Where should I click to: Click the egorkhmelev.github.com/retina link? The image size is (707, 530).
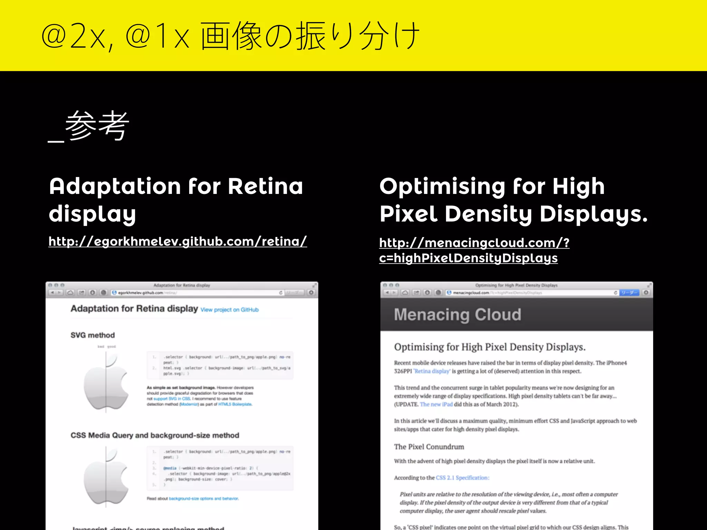click(x=177, y=242)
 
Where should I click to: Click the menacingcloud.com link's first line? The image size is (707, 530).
click(x=474, y=243)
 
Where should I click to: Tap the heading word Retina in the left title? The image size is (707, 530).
click(x=265, y=186)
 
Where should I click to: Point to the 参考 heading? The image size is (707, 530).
click(x=97, y=126)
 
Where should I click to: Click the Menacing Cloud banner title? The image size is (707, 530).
click(x=457, y=315)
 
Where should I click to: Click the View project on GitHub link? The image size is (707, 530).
click(x=229, y=310)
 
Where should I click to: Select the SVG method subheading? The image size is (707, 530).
click(x=93, y=335)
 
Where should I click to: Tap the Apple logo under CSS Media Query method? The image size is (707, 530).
click(x=106, y=476)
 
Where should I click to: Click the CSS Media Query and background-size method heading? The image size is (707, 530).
click(x=155, y=435)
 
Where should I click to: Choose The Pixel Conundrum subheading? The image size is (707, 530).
click(x=429, y=447)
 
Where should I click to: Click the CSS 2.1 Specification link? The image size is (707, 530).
click(x=462, y=478)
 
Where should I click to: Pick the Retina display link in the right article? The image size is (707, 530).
click(x=432, y=371)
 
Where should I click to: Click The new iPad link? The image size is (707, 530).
click(x=436, y=404)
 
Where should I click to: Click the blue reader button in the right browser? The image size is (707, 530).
click(x=629, y=293)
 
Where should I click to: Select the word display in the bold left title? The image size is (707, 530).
click(x=92, y=214)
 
